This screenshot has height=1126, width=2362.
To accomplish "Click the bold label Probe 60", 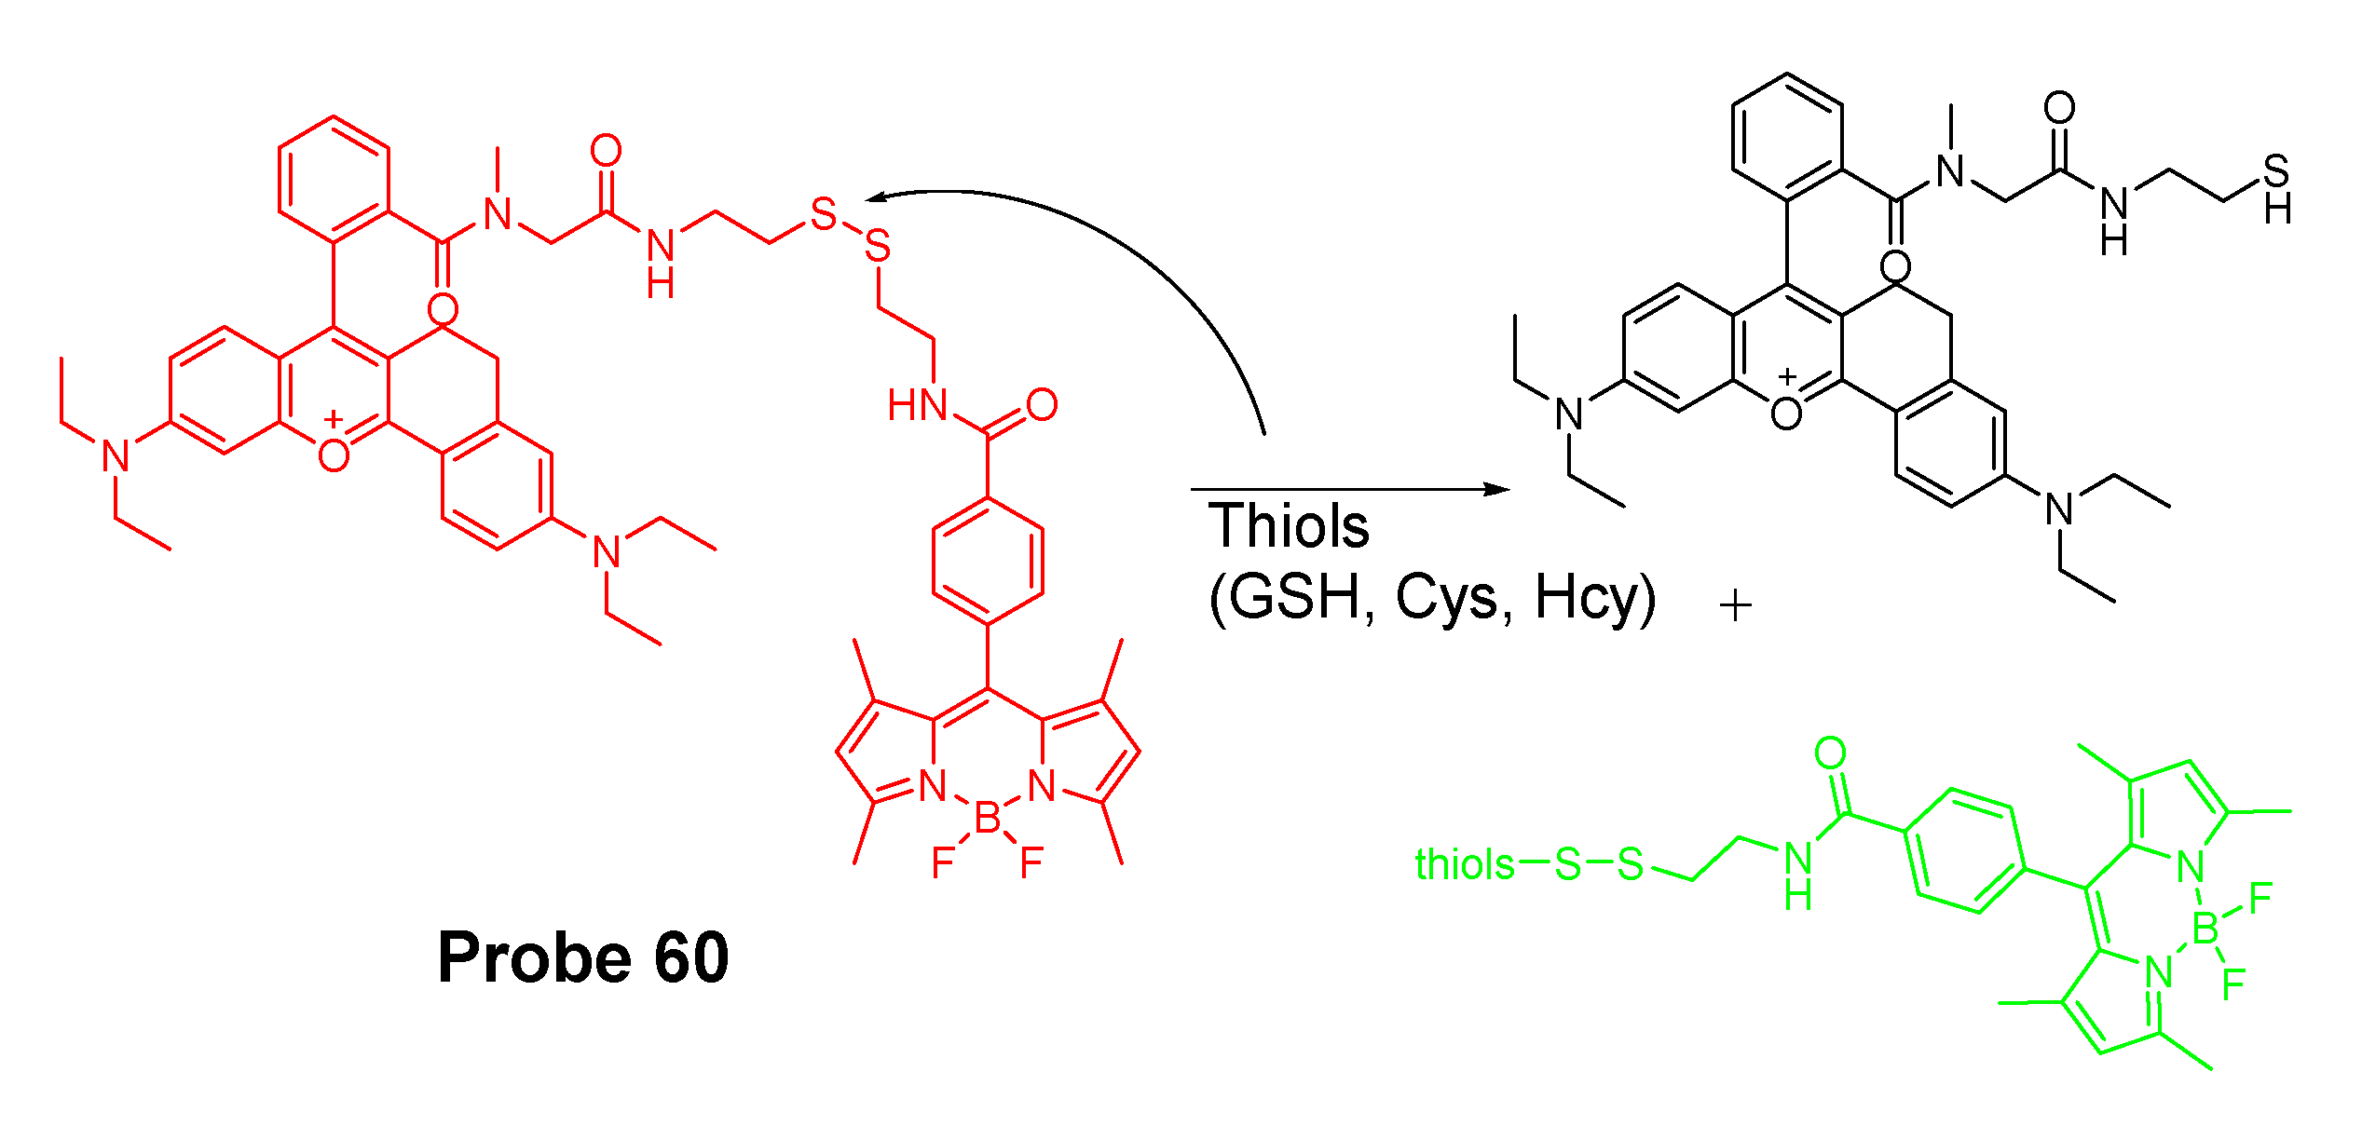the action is pos(583,958).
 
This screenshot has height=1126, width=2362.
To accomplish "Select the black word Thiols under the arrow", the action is pos(1289,526).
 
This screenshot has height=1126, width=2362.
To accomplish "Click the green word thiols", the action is pos(1464,864).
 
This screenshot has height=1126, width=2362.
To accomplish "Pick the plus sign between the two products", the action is pos(1736,607).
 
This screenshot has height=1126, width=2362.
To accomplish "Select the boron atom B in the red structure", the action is pos(987,820).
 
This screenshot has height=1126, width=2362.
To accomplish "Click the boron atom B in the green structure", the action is pos(2205,929).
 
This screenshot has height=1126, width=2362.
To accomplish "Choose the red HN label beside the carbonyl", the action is pos(917,405).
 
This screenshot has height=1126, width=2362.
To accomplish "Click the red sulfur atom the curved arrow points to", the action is pos(824,214).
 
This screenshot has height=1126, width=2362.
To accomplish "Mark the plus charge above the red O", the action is pos(334,420).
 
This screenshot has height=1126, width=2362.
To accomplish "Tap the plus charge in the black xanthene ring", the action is pos(1786,377).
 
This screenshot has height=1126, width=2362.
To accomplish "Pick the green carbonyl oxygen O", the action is pos(1830,753).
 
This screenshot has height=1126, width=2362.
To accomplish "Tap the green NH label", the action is pos(1798,875).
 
